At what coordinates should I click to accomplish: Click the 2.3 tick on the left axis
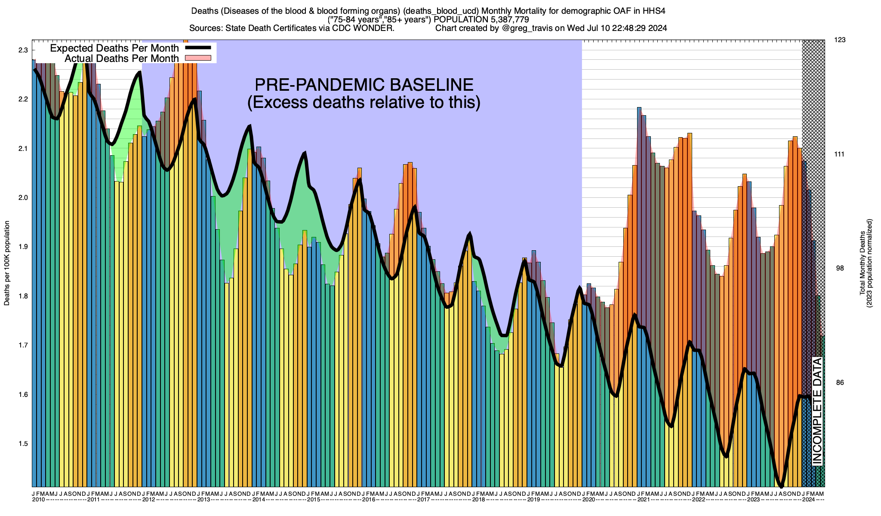coord(23,50)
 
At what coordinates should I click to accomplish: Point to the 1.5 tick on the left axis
coord(23,444)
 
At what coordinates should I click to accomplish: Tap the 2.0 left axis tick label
coord(23,198)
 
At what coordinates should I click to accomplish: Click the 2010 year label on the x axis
coord(39,500)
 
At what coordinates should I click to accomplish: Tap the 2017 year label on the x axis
coord(424,500)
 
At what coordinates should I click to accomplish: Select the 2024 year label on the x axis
coord(809,500)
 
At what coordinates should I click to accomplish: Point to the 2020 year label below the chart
coord(588,500)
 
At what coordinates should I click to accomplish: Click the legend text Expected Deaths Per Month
coord(114,48)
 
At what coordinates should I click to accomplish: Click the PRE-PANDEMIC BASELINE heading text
coord(364,85)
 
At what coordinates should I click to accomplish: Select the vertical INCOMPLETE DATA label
coord(817,411)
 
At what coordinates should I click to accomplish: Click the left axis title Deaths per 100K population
coord(7,264)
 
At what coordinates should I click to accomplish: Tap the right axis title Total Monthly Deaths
coord(862,263)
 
